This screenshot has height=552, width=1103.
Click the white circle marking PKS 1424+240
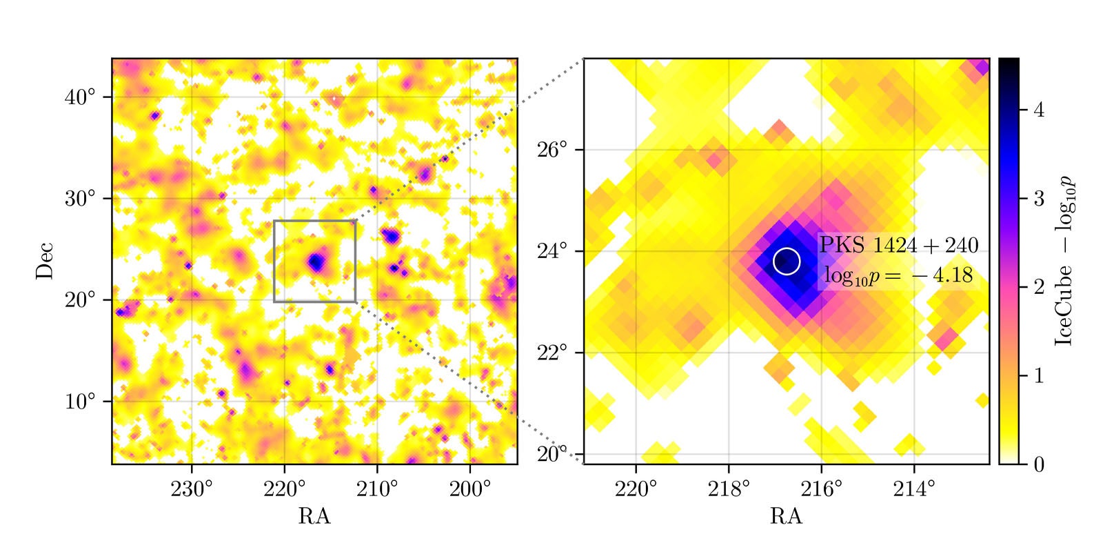point(787,261)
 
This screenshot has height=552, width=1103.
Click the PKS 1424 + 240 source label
point(898,245)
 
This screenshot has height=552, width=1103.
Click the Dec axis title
point(45,261)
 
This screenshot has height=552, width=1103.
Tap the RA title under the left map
point(314,517)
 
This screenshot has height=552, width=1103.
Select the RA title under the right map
point(787,517)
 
